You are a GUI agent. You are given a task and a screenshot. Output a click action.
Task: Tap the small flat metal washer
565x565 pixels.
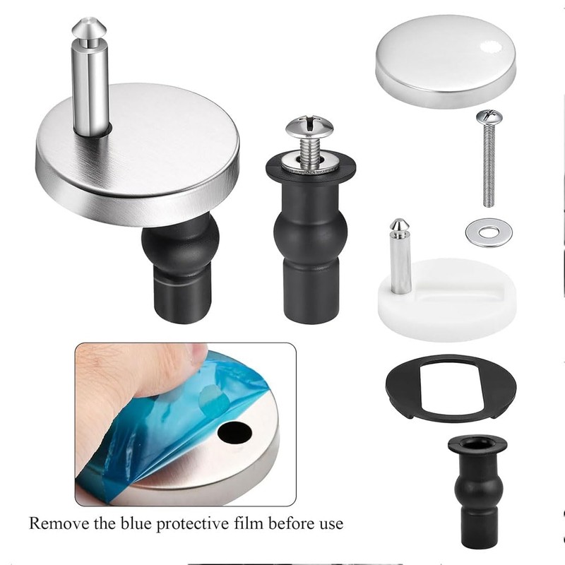489,232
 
